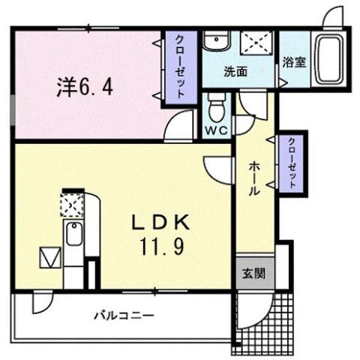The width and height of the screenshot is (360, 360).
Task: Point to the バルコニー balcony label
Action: pyautogui.click(x=124, y=315)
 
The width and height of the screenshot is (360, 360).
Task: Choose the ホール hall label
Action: pyautogui.click(x=254, y=179)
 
